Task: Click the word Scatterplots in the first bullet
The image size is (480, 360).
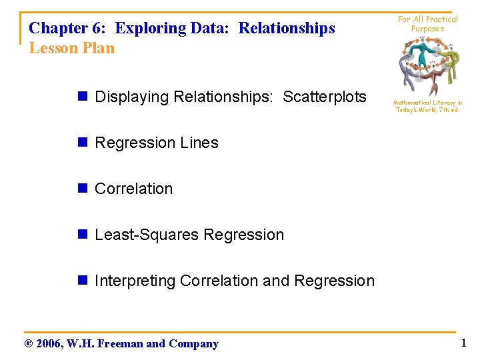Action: tap(325, 97)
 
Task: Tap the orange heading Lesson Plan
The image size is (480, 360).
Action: tap(72, 48)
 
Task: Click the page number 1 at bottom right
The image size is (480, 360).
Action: tap(463, 343)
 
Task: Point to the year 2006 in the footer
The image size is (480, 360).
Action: tap(49, 344)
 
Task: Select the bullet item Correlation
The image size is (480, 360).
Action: tap(133, 189)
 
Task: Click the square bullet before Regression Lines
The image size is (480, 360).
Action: tap(83, 143)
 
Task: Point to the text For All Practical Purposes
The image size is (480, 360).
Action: tap(427, 24)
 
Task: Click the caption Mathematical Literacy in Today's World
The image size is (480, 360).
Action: tap(427, 106)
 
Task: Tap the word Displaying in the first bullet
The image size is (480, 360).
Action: tap(132, 97)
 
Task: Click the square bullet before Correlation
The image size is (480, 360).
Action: tap(83, 189)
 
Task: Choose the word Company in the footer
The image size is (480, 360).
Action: tap(193, 344)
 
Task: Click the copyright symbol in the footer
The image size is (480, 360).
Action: tap(27, 344)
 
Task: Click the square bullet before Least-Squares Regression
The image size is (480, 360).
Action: tap(83, 235)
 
